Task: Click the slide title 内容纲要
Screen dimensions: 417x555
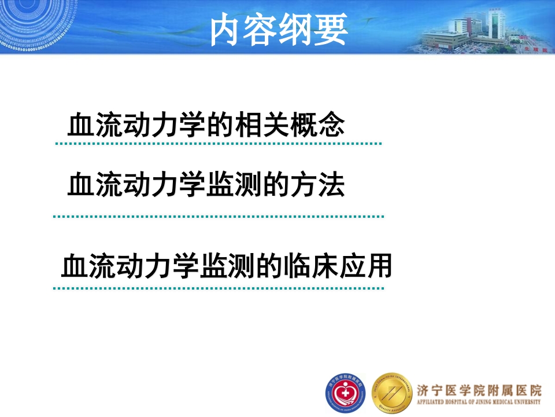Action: click(x=279, y=31)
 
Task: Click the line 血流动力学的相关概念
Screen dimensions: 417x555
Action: click(x=206, y=125)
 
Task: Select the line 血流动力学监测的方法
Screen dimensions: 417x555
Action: click(x=206, y=185)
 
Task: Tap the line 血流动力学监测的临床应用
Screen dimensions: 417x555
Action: click(x=227, y=266)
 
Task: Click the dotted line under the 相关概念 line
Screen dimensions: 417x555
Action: click(x=218, y=143)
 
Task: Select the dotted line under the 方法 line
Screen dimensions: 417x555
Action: click(x=218, y=217)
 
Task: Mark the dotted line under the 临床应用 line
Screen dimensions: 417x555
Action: click(x=218, y=288)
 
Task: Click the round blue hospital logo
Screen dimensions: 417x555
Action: click(x=345, y=392)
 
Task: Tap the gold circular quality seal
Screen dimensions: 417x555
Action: click(x=393, y=392)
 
